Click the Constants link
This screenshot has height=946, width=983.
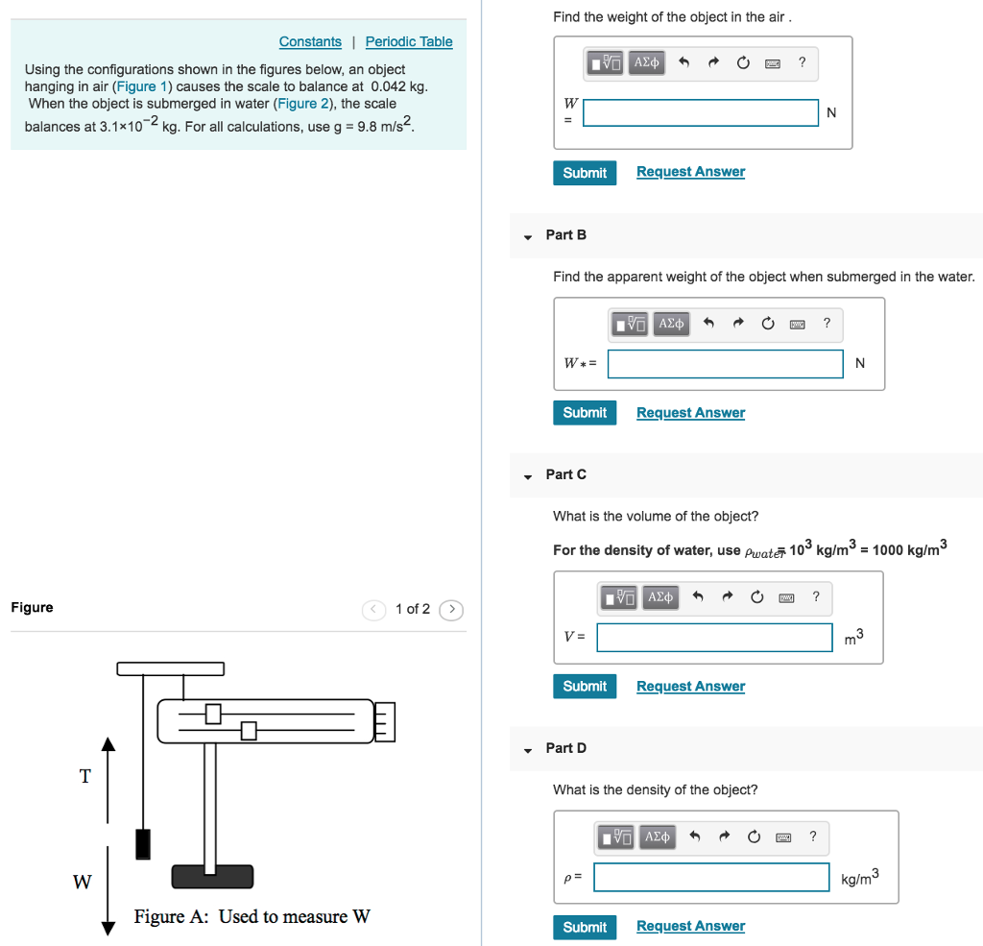pos(310,41)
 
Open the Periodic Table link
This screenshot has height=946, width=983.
pos(409,41)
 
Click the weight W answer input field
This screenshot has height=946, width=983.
pos(701,112)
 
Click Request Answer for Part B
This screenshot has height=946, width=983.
pos(690,412)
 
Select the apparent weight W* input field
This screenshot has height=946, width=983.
pos(726,363)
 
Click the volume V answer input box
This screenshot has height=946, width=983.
pos(714,637)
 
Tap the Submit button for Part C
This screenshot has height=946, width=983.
pos(585,686)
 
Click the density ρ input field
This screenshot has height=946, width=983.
pos(711,877)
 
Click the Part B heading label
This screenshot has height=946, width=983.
pos(565,234)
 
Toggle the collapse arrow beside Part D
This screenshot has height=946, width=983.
pos(527,749)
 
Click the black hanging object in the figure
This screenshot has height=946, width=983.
pos(143,842)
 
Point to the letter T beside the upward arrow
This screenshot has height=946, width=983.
pos(84,776)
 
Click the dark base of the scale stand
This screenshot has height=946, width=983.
pos(212,876)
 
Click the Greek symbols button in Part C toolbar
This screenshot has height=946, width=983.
pos(659,597)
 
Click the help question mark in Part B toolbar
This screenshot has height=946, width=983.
pos(827,323)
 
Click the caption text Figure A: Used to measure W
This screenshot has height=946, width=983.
pos(252,916)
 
